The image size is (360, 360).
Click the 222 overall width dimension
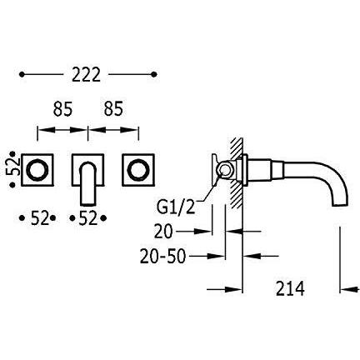click(86, 74)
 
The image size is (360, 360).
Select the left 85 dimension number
click(62, 108)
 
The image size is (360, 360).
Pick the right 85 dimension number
click(113, 108)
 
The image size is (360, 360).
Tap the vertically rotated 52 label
click(12, 167)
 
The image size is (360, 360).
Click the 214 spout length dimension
click(290, 288)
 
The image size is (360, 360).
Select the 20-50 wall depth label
click(162, 257)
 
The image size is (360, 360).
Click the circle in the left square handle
click(37, 170)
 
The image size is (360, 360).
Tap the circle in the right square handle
click(138, 170)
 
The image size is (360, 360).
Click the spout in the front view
click(87, 184)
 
